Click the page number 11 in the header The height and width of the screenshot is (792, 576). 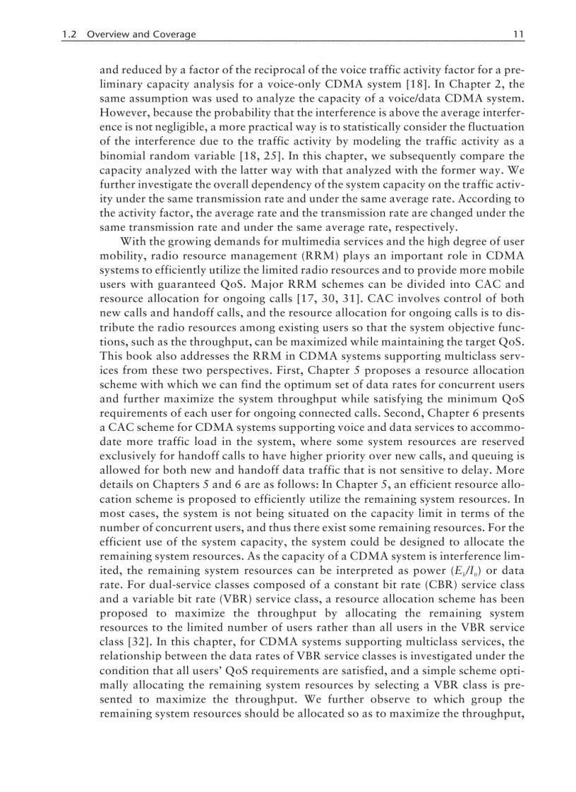[517, 34]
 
